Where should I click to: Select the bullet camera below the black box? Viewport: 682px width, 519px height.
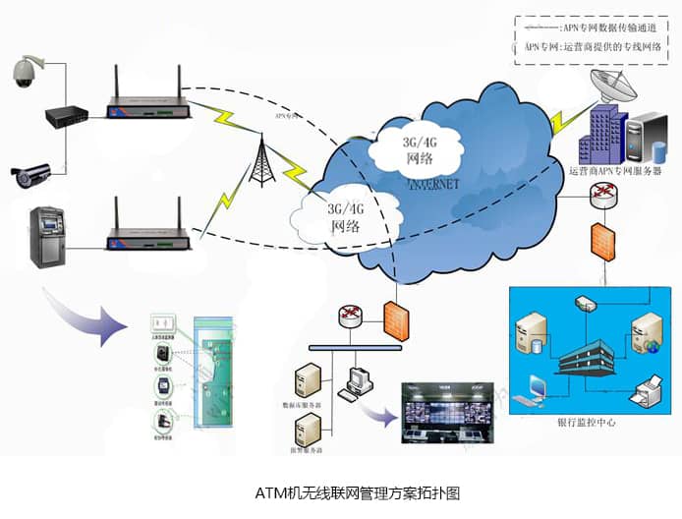(x=30, y=174)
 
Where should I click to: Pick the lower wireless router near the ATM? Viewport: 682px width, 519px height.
(x=147, y=236)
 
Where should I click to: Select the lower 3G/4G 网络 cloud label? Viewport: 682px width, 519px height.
(x=345, y=216)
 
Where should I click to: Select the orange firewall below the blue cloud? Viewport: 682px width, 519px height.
(x=395, y=319)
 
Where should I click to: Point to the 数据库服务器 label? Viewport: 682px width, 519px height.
(x=304, y=404)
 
